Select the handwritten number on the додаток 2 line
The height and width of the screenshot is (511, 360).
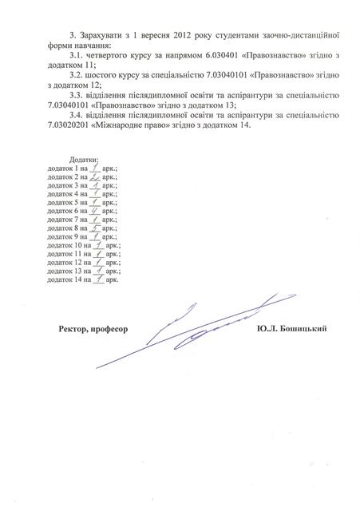click(x=94, y=178)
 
